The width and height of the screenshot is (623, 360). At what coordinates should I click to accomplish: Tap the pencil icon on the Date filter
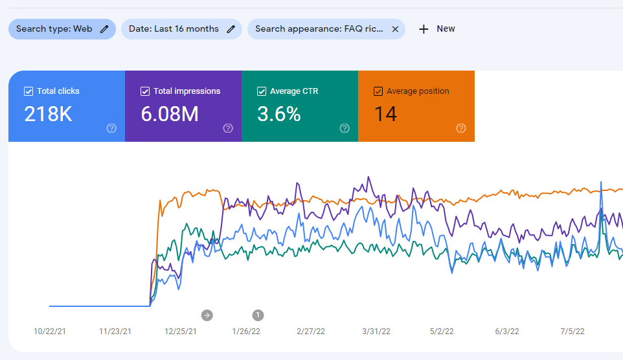pyautogui.click(x=231, y=29)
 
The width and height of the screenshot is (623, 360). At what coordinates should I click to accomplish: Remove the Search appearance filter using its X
pyautogui.click(x=395, y=29)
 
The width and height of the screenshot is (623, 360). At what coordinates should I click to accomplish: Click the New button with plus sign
pyautogui.click(x=436, y=29)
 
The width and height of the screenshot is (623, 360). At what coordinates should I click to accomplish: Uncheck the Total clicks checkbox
pyautogui.click(x=28, y=91)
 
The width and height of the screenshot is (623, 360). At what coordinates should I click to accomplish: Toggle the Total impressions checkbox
pyautogui.click(x=145, y=91)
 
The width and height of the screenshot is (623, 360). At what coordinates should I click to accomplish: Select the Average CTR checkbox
pyautogui.click(x=262, y=91)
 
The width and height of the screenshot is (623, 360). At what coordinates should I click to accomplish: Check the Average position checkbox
pyautogui.click(x=378, y=91)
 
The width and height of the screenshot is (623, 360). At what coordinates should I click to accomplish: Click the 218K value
pyautogui.click(x=48, y=115)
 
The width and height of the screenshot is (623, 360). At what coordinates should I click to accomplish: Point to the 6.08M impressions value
pyautogui.click(x=169, y=115)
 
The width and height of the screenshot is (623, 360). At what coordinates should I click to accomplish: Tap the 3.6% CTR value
pyautogui.click(x=279, y=115)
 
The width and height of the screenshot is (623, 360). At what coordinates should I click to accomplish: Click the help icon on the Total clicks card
pyautogui.click(x=111, y=128)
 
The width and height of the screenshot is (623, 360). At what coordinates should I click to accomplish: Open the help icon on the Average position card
pyautogui.click(x=461, y=128)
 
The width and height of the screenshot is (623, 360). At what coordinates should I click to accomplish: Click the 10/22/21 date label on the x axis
pyautogui.click(x=49, y=332)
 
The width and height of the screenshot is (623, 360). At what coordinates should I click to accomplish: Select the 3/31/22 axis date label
pyautogui.click(x=376, y=332)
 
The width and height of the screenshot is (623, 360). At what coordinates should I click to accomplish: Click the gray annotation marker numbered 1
pyautogui.click(x=258, y=315)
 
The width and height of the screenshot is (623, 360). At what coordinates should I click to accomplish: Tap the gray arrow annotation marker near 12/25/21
pyautogui.click(x=207, y=315)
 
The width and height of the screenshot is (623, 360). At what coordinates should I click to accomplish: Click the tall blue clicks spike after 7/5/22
pyautogui.click(x=602, y=185)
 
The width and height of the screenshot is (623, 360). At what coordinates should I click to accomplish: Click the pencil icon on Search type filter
pyautogui.click(x=105, y=29)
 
